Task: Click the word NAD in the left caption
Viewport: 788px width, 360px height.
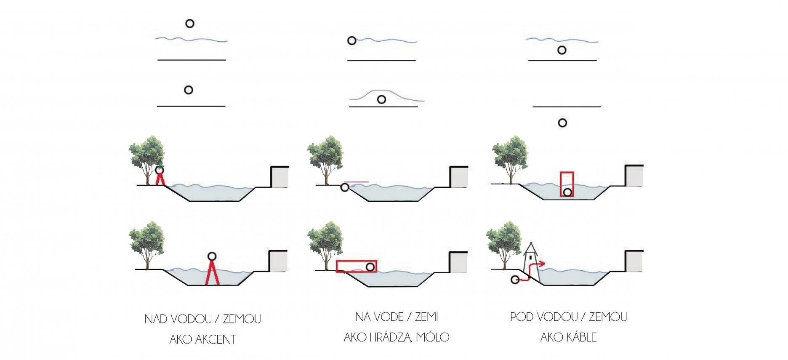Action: pyautogui.click(x=155, y=319)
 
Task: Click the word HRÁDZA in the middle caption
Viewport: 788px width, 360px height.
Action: pyautogui.click(x=391, y=337)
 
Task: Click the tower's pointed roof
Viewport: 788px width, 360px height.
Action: pyautogui.click(x=531, y=246)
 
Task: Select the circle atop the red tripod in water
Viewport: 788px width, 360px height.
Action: pyautogui.click(x=212, y=256)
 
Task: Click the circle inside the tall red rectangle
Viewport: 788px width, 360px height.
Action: pyautogui.click(x=567, y=192)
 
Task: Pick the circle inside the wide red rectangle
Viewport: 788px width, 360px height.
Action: pyautogui.click(x=370, y=267)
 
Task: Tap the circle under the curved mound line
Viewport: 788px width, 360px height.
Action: pyautogui.click(x=381, y=100)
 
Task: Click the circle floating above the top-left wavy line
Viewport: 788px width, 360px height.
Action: pyautogui.click(x=190, y=24)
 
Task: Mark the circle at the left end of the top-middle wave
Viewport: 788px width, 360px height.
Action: pyautogui.click(x=352, y=41)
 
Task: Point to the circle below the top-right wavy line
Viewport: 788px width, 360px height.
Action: pyautogui.click(x=562, y=50)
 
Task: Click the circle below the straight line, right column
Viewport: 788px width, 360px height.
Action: pyautogui.click(x=562, y=123)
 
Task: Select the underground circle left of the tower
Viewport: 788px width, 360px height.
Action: pyautogui.click(x=514, y=280)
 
